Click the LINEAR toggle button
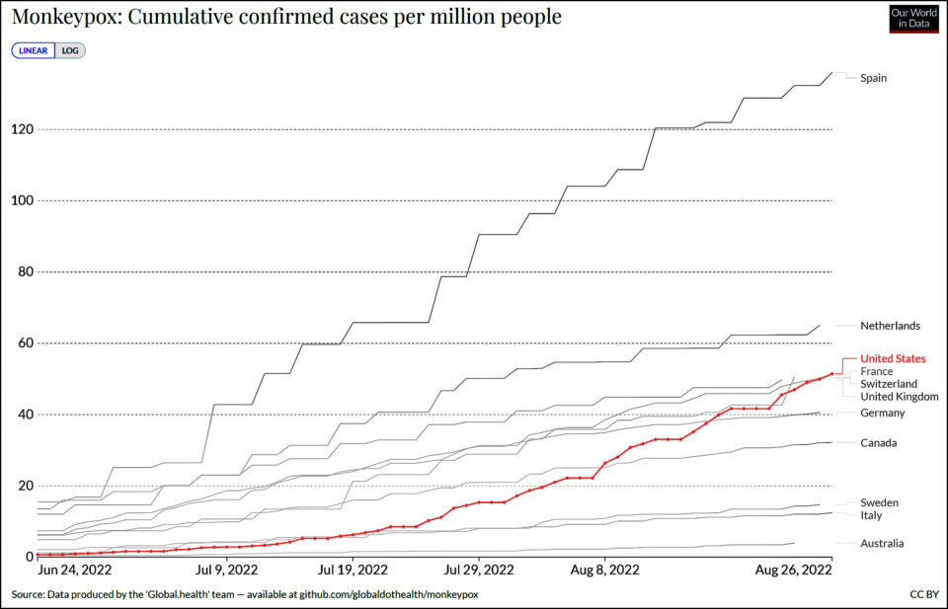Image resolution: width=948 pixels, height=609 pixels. point(34,50)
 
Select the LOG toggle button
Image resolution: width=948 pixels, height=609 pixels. point(70,50)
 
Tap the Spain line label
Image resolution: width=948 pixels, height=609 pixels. point(873,78)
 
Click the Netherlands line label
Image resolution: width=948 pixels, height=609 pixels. point(890,326)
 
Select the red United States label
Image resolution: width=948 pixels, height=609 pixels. point(893,358)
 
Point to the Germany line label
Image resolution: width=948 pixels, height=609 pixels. point(882,413)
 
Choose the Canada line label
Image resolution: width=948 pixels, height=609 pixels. point(878,442)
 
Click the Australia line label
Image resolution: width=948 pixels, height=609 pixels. point(882,543)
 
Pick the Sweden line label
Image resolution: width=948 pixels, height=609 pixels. point(879,502)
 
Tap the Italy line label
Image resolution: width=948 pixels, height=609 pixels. point(872,515)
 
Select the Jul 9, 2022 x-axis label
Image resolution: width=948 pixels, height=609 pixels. point(228,570)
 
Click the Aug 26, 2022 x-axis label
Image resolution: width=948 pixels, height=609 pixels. point(793,570)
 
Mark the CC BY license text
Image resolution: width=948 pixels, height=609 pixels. point(923,595)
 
